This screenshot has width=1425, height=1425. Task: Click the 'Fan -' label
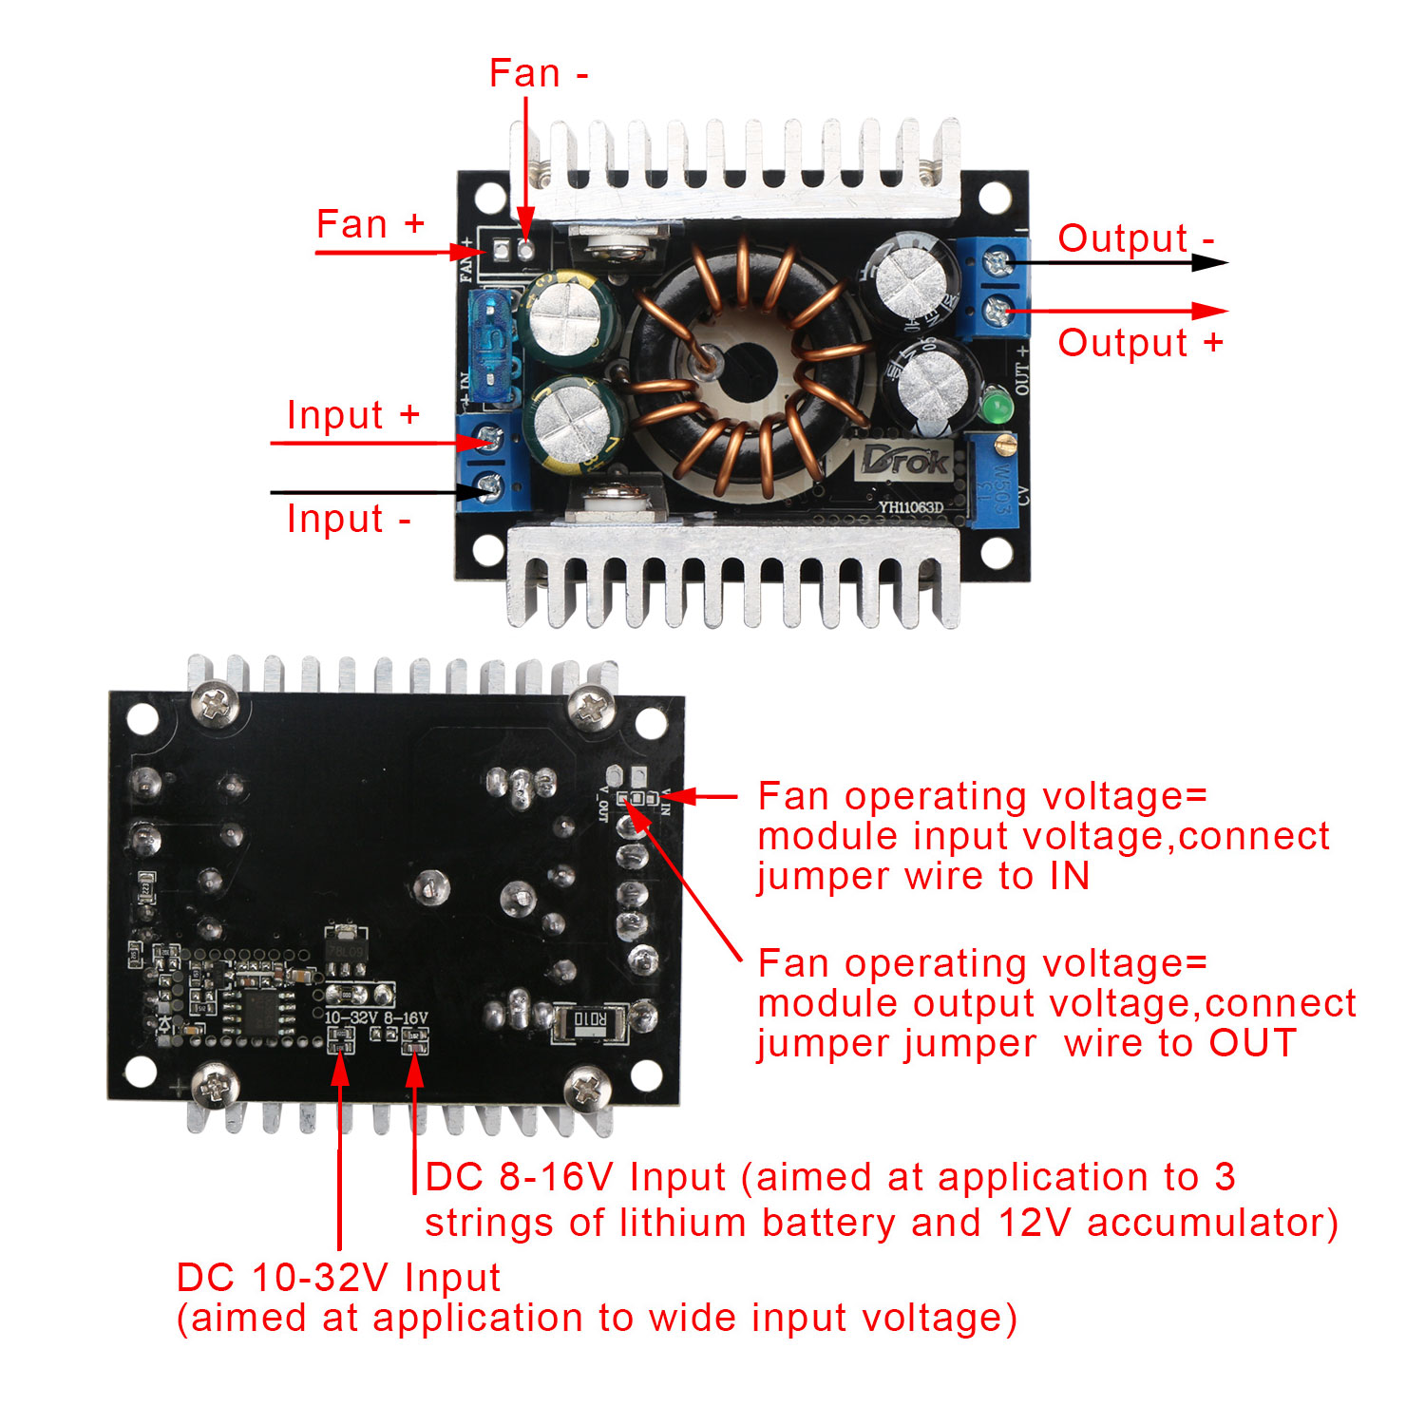click(x=538, y=73)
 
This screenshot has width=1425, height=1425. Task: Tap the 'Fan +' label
click(x=370, y=224)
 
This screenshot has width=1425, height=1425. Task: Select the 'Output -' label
click(x=1135, y=238)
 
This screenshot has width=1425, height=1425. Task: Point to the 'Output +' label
click(x=1140, y=343)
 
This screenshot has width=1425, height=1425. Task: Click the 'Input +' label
click(x=352, y=415)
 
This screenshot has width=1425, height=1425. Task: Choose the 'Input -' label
click(x=349, y=519)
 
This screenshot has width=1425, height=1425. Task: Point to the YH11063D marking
click(x=910, y=507)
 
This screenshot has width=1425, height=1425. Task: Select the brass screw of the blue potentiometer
click(x=1003, y=443)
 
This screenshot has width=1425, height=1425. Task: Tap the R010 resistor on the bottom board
click(x=589, y=1021)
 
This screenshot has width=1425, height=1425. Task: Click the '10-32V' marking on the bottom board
click(x=351, y=1017)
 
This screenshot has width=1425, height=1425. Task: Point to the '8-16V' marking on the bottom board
click(x=406, y=1017)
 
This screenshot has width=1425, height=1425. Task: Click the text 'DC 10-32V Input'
click(x=338, y=1278)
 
